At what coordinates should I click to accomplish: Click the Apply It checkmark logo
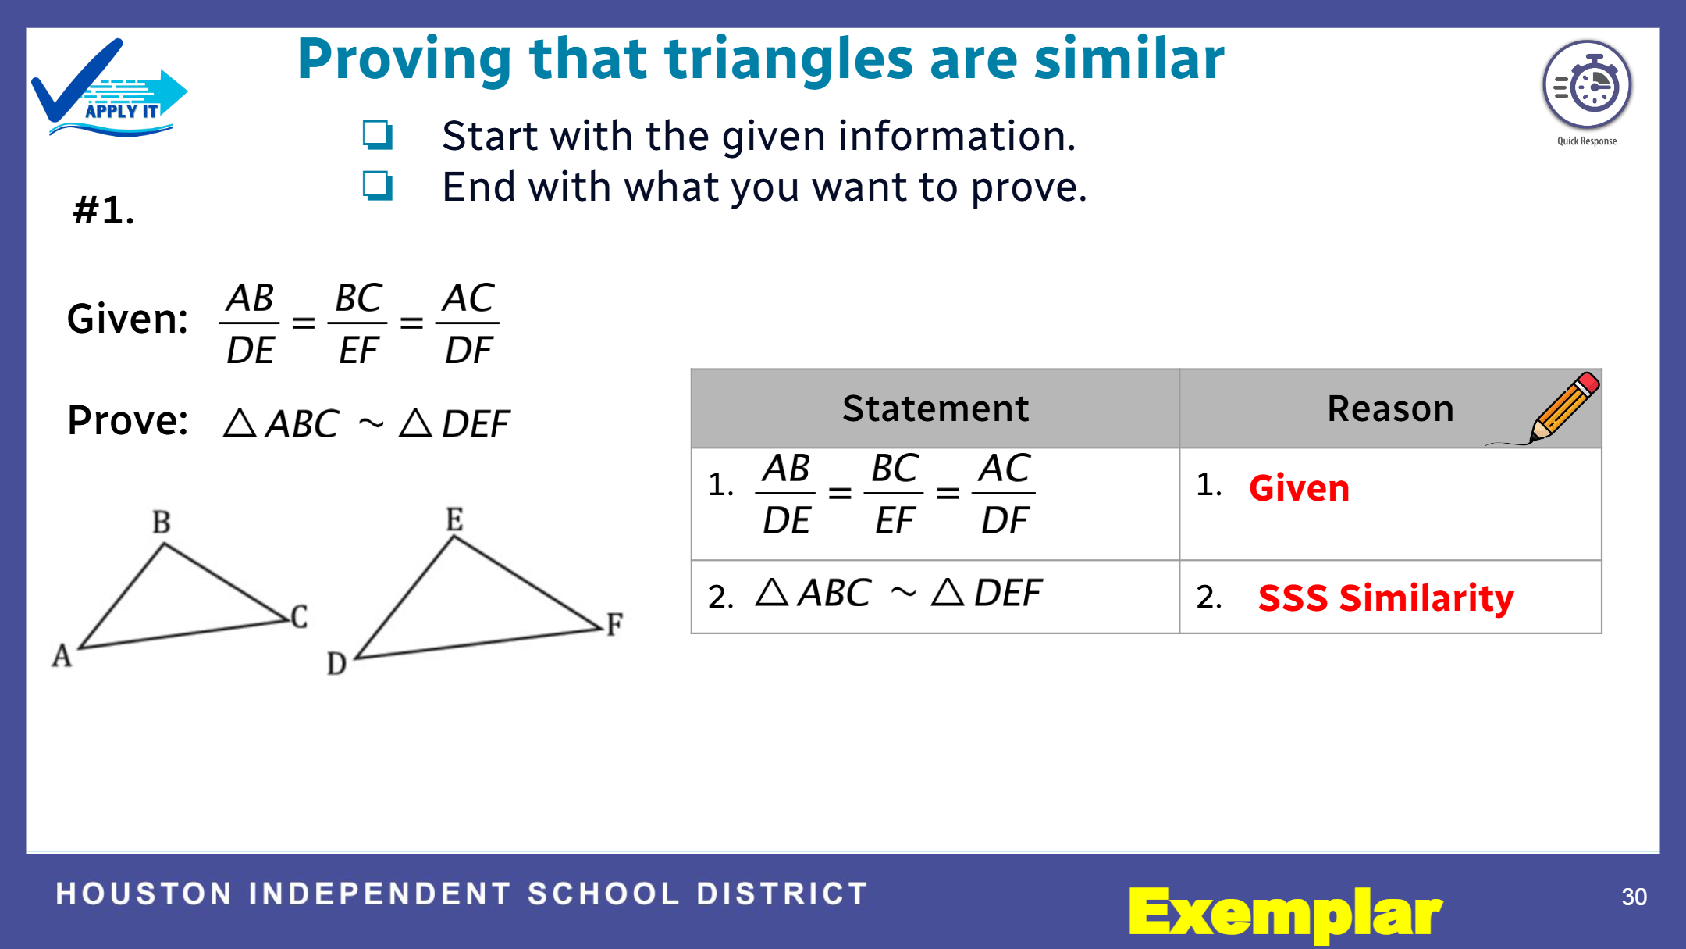(109, 88)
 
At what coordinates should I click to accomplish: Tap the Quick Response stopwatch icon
(1587, 85)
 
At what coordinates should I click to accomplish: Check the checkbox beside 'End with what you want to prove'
(378, 186)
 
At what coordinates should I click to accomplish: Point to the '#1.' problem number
(104, 210)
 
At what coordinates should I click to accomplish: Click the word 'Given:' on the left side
(128, 319)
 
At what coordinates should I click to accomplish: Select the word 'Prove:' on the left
(128, 420)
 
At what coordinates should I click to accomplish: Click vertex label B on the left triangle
(162, 522)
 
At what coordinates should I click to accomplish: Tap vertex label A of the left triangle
(62, 655)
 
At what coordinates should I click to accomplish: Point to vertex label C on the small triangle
(300, 616)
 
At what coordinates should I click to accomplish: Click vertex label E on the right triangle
(455, 519)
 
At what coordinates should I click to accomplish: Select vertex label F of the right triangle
(615, 624)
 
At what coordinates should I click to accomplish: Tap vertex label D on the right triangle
(336, 663)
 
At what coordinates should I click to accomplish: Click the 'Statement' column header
(936, 408)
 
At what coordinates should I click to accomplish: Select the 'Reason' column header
(1391, 408)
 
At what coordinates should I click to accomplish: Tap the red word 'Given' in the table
(1300, 488)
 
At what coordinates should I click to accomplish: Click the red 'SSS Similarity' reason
(1386, 598)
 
